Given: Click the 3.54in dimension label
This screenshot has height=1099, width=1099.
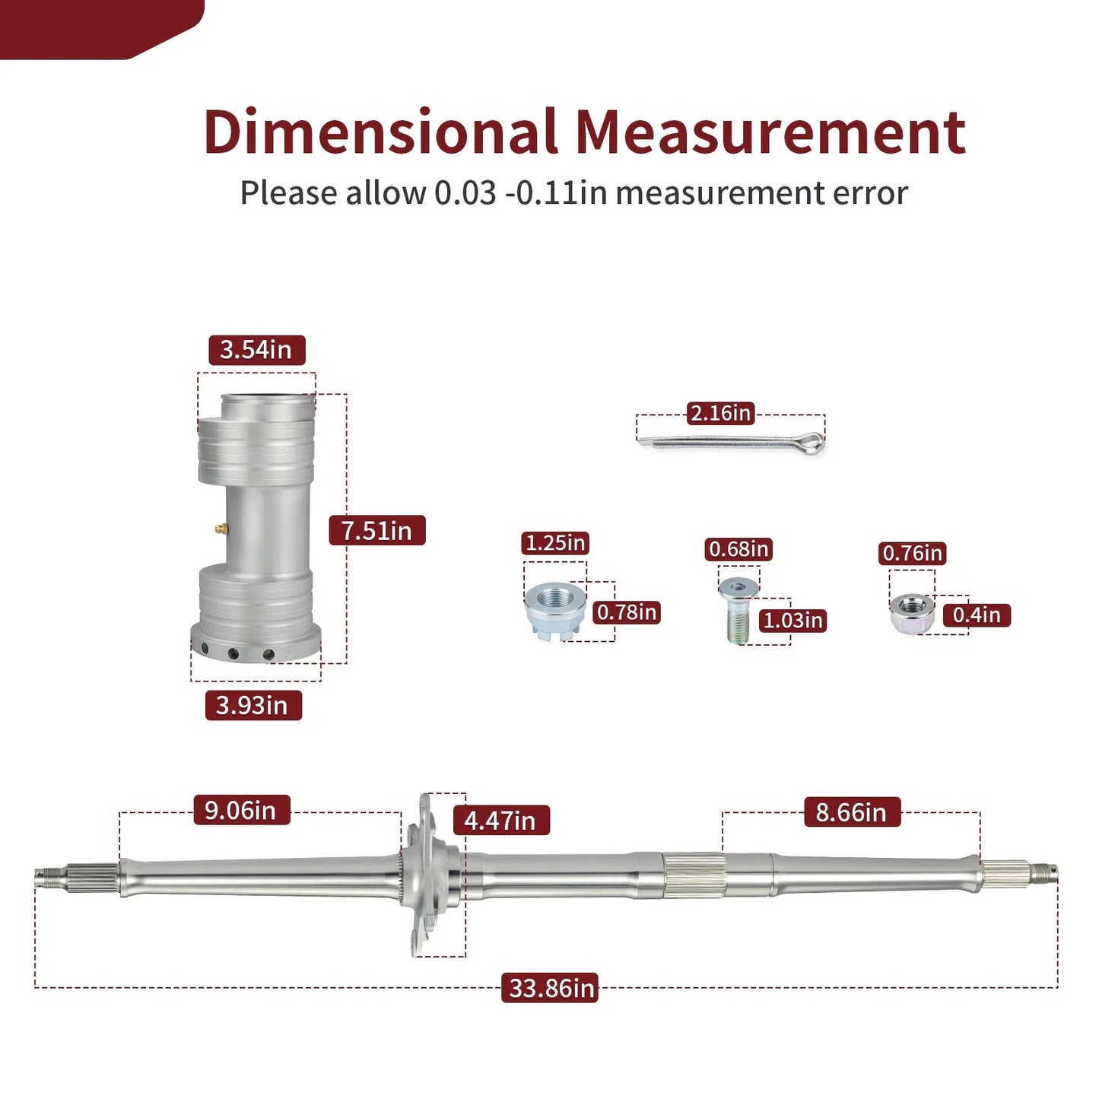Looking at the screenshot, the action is pos(256,350).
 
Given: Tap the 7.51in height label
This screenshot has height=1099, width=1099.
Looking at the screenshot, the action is pos(377,530).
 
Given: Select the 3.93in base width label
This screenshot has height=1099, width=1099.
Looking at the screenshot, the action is pos(253,706).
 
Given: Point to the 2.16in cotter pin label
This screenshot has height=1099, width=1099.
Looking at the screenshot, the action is pos(721,413).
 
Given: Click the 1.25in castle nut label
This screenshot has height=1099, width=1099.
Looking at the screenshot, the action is pos(555,543).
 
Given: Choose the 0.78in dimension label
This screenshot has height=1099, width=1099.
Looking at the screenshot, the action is pos(627,612).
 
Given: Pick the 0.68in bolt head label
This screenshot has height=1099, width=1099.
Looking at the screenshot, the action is pos(738,549).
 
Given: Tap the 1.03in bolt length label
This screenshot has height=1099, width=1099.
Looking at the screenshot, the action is pos(792,620).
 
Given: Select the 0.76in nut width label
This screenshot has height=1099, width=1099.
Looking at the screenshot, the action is pos(913,553).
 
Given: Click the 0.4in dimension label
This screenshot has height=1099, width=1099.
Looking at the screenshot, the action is pos(977,615).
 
